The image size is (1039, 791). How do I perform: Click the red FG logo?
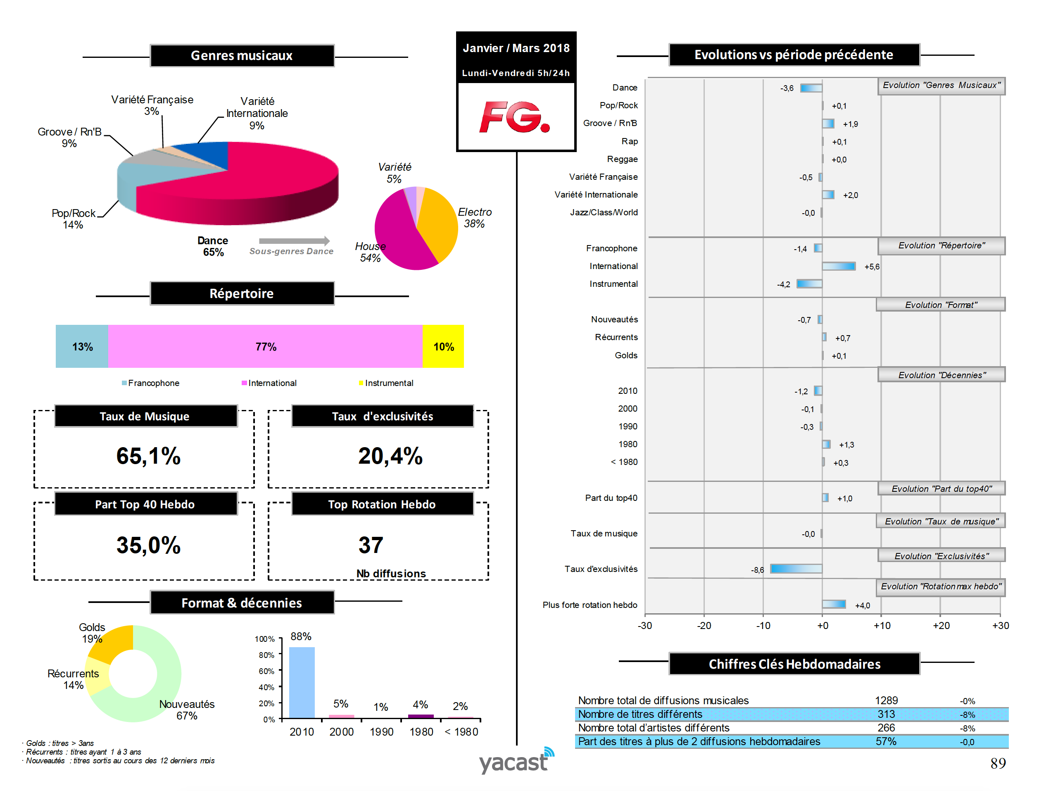[x=515, y=117]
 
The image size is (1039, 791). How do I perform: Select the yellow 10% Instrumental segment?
[x=443, y=347]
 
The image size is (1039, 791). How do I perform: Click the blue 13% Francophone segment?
[x=82, y=347]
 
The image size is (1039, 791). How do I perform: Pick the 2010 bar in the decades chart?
[x=302, y=682]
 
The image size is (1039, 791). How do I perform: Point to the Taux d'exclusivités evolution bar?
[x=796, y=569]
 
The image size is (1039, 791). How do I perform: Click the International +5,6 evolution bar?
[x=839, y=267]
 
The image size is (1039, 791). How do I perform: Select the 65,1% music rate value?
[x=148, y=456]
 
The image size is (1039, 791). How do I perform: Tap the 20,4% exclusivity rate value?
[x=390, y=456]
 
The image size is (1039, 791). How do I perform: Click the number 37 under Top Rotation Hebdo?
[x=371, y=545]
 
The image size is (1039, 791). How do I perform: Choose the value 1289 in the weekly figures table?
[x=886, y=700]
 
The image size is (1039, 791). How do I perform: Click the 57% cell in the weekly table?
[x=886, y=741]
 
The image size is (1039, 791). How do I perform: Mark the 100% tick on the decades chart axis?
[x=264, y=639]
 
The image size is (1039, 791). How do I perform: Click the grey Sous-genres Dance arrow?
[x=294, y=241]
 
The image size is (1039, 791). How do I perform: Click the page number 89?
[x=998, y=763]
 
